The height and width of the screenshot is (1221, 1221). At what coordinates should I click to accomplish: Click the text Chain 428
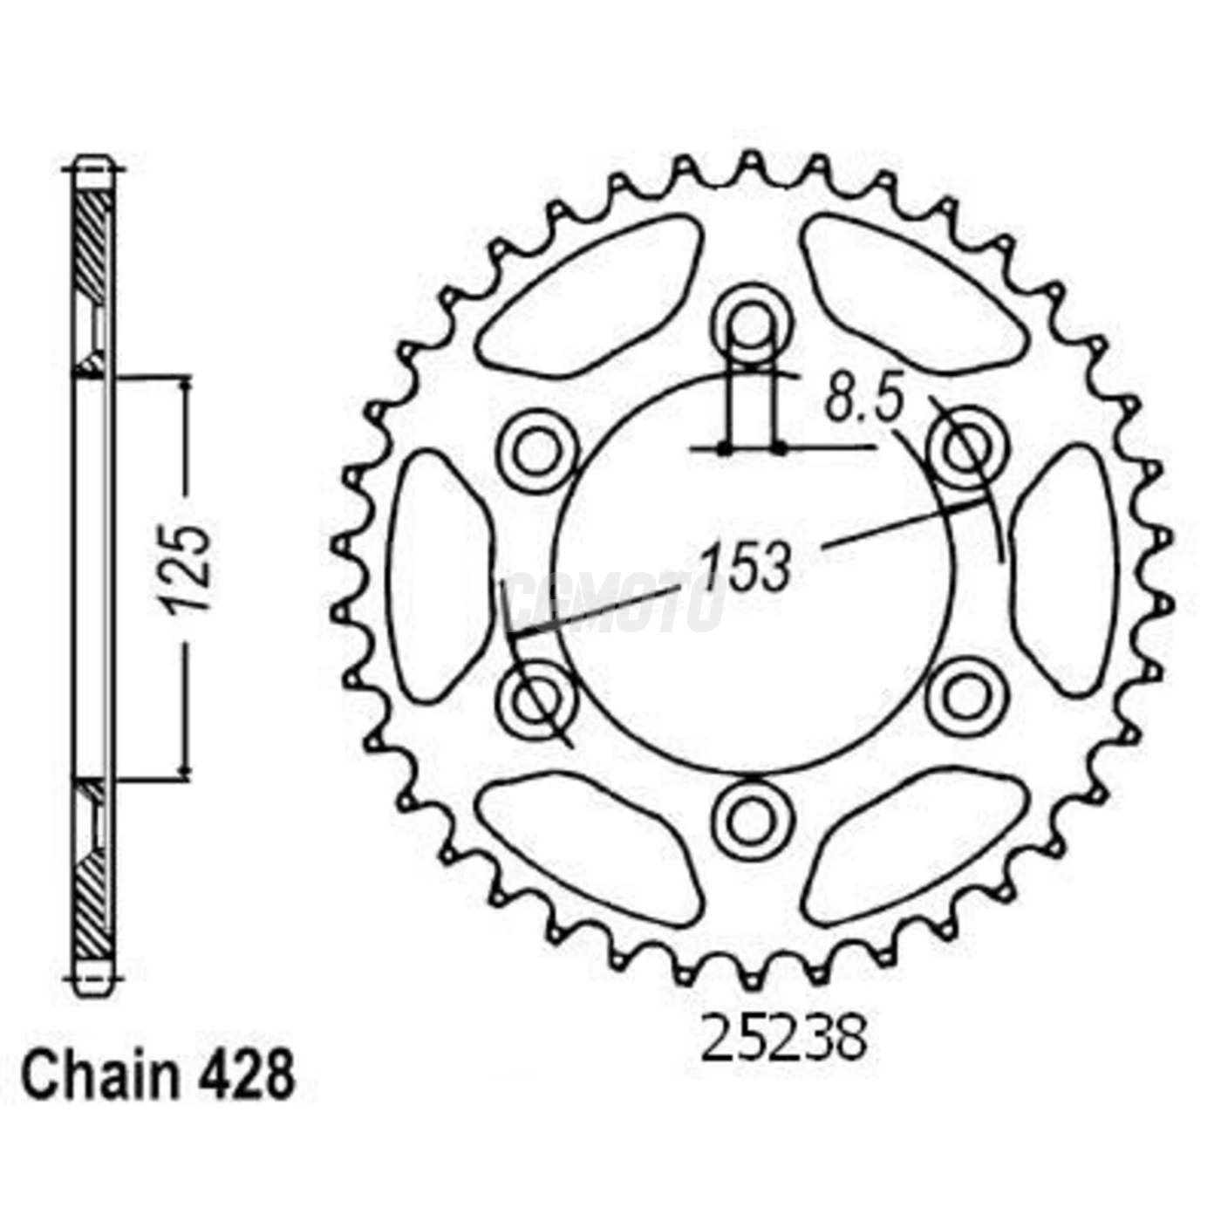[x=158, y=1077]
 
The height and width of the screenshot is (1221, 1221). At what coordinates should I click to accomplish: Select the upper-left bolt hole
[x=538, y=452]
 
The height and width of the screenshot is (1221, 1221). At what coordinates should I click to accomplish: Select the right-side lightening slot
[x=1066, y=571]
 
